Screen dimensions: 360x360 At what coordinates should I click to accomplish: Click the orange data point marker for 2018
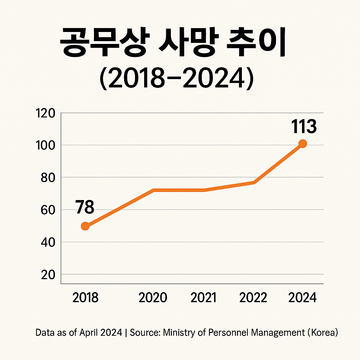click(85, 226)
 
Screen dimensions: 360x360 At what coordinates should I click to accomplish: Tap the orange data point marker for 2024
click(302, 143)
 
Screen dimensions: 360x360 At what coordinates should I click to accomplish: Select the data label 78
click(85, 207)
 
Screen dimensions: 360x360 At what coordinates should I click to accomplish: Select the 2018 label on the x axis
click(85, 298)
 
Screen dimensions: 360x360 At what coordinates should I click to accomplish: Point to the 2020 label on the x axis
click(153, 298)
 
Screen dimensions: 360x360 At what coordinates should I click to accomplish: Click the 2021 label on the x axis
click(204, 298)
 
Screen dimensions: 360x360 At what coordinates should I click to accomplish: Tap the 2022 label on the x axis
click(253, 298)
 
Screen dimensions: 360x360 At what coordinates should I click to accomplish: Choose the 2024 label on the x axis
click(302, 298)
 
